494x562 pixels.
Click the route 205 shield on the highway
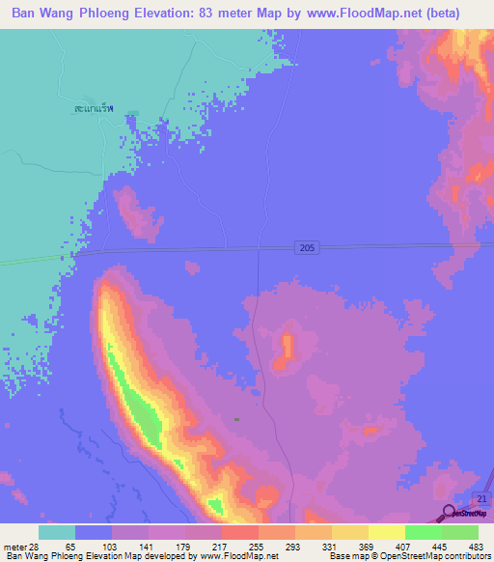305,248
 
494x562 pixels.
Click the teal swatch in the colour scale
56,532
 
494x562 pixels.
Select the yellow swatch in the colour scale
387,532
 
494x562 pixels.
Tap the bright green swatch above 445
424,532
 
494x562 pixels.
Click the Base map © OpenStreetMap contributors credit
410,556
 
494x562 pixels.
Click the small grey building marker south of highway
237,419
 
